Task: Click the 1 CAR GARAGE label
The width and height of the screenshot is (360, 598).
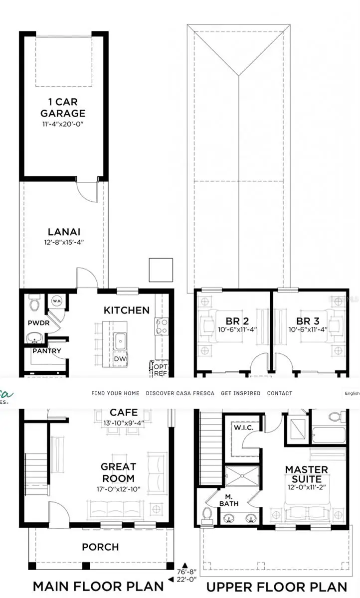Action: (63, 108)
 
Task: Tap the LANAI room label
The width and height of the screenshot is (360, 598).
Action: (64, 232)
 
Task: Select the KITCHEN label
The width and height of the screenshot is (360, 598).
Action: (126, 310)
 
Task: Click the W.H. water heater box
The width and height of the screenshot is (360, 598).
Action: (56, 300)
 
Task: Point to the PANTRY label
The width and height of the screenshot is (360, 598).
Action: (46, 351)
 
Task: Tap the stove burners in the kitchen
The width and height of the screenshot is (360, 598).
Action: (162, 326)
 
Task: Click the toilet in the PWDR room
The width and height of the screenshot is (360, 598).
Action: (34, 302)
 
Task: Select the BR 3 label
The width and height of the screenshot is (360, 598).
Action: (307, 321)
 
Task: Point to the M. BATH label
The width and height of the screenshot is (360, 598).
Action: (229, 500)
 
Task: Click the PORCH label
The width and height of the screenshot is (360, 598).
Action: (100, 547)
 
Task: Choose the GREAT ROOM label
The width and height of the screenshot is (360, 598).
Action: (118, 472)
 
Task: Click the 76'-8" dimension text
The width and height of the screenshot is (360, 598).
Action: (187, 572)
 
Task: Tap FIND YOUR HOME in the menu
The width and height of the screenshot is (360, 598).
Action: (115, 393)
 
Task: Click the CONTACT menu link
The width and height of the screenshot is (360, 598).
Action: (280, 393)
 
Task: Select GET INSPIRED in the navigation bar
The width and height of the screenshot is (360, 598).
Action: (240, 393)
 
